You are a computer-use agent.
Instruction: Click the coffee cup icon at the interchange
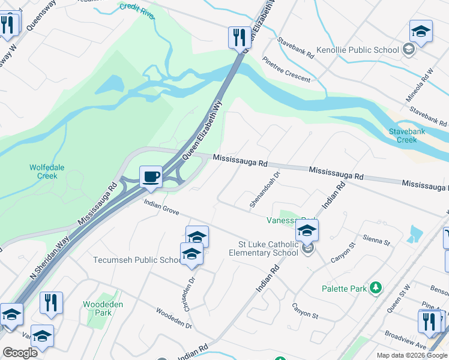[x=151, y=177]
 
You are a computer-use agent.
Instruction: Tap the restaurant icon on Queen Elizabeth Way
[x=239, y=37]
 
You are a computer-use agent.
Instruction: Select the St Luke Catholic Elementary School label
[x=268, y=248]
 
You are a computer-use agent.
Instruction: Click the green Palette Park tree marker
[x=376, y=288]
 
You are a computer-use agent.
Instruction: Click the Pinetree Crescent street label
[x=287, y=69]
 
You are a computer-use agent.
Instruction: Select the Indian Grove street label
[x=161, y=207]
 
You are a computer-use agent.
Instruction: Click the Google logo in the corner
[x=20, y=353]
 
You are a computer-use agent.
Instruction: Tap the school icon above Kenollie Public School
[x=421, y=32]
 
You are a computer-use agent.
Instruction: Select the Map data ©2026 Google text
[x=412, y=355]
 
